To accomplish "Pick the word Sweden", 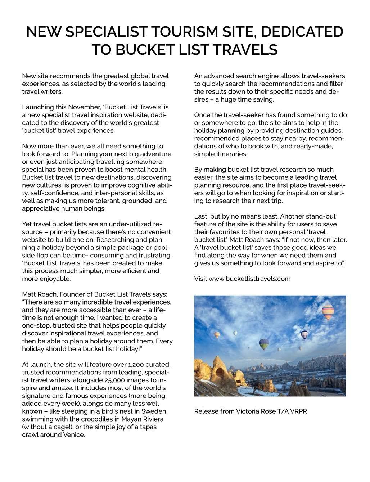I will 157,411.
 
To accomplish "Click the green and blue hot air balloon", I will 264,344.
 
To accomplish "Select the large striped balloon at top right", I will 328,312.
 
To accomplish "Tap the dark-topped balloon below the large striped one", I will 304,335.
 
